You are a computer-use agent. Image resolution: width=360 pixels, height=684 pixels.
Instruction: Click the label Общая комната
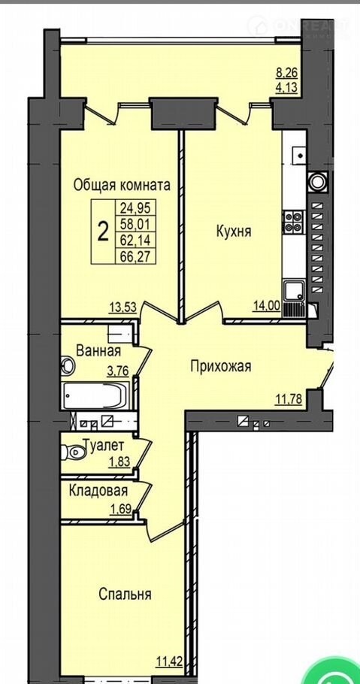point(122,186)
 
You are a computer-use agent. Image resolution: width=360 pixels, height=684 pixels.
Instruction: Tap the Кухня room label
point(234,232)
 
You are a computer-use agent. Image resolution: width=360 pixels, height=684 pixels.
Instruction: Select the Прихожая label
point(221,367)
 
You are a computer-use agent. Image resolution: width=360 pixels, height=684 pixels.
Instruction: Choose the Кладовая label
point(98,491)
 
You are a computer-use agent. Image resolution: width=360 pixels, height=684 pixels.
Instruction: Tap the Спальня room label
point(125,594)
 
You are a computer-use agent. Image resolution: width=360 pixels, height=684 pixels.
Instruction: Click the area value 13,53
point(123,307)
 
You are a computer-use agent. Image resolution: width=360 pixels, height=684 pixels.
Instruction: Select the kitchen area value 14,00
point(266,306)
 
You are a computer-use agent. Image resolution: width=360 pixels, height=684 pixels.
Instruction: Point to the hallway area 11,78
point(289,398)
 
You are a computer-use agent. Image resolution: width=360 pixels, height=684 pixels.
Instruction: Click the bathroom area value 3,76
point(118,372)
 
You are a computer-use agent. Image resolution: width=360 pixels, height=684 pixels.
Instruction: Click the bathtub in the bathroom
point(95,395)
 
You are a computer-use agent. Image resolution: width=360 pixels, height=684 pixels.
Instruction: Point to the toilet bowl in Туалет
point(72,452)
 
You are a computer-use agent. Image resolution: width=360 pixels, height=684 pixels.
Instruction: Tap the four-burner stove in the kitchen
point(294,220)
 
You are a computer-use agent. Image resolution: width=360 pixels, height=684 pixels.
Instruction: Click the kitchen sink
point(295,291)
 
